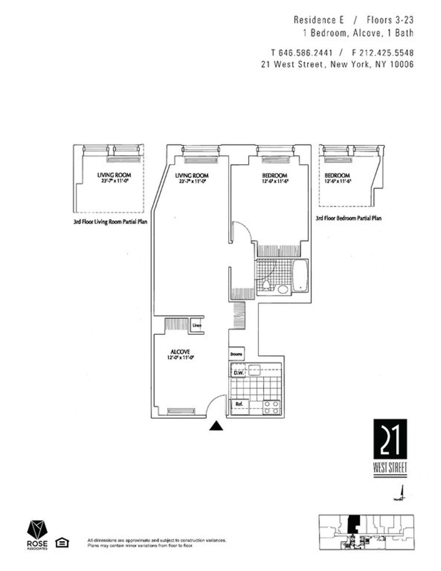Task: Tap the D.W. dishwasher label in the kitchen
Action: [x=239, y=373]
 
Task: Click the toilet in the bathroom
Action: [x=266, y=285]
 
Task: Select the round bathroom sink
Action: [x=283, y=289]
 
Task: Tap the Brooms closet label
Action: [x=236, y=354]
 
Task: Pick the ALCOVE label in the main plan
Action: [x=180, y=352]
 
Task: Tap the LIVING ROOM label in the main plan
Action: [x=191, y=175]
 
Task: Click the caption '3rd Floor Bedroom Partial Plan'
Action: [x=348, y=218]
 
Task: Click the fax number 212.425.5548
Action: [x=387, y=53]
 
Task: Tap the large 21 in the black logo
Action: [x=390, y=439]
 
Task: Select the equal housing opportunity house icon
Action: [x=62, y=543]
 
